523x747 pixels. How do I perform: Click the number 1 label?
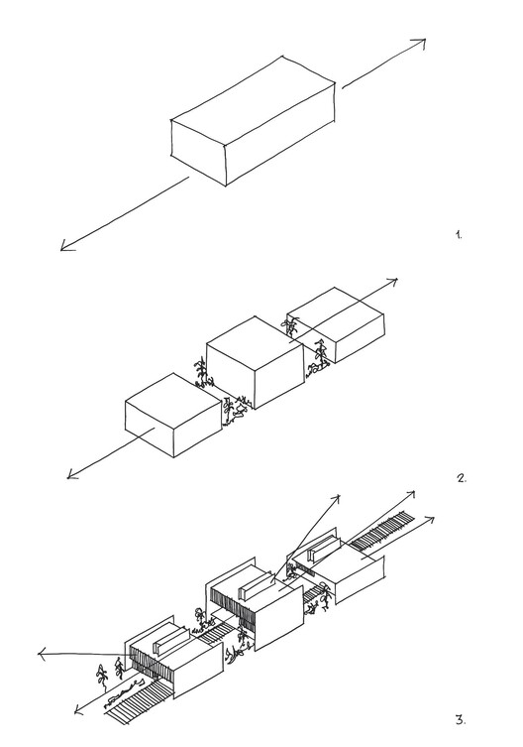pos(458,235)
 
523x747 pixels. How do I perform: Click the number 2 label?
pos(461,478)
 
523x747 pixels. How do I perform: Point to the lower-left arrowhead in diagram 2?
pos(72,475)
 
